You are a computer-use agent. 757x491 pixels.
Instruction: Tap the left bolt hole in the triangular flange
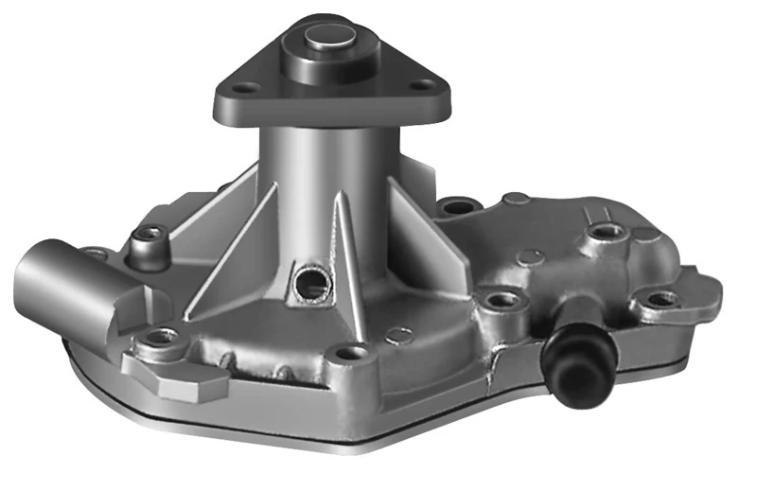click(245, 88)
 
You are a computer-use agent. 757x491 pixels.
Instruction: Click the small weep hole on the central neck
click(308, 280)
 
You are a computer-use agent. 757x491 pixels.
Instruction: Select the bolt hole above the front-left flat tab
click(163, 338)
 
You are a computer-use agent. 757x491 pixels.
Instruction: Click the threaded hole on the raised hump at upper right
click(603, 232)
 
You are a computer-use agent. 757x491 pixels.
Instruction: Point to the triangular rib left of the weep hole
click(237, 255)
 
